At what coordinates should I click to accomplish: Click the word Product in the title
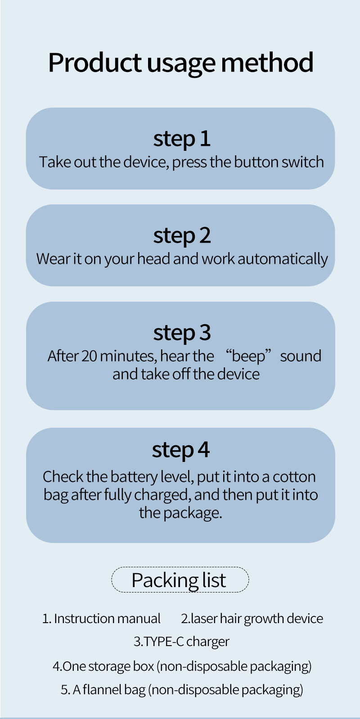pos(94,62)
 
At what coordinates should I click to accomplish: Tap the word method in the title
pos(267,62)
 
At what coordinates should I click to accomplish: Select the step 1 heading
pos(182,139)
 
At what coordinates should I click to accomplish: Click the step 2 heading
pos(182,235)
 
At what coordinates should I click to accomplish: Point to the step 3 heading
pos(182,333)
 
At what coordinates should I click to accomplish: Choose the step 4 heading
pos(180,450)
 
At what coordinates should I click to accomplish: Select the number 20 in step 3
pos(89,356)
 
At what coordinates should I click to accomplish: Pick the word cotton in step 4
pos(294,477)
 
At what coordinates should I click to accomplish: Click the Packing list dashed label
pos(180,580)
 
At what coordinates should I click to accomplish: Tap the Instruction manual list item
pos(101,619)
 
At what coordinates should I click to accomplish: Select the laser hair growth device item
pos(252,619)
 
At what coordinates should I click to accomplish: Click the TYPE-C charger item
pos(182,642)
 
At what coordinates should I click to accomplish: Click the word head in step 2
pos(154,259)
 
